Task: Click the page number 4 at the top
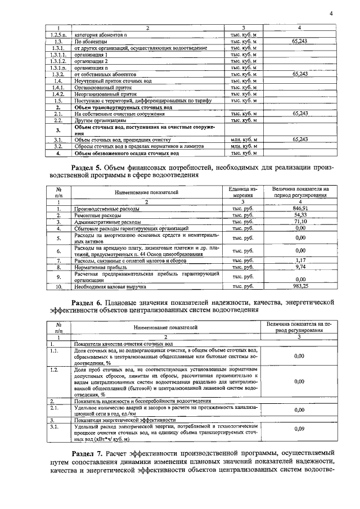[331, 13]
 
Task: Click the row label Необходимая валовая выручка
[110, 286]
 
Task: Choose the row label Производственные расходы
[104, 208]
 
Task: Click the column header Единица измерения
[244, 192]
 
